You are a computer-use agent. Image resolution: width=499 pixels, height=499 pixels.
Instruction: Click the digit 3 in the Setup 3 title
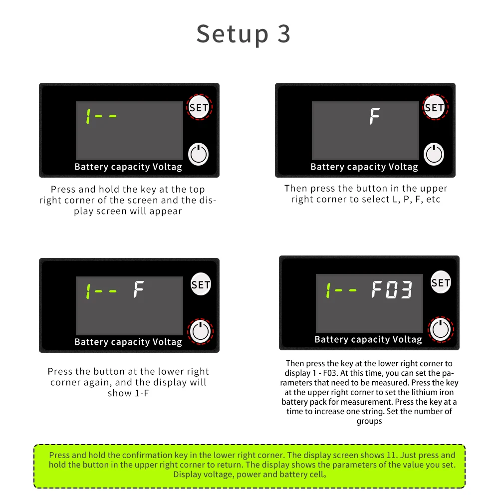(x=284, y=34)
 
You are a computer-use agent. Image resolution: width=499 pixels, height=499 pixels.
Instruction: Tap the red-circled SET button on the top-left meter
(x=199, y=107)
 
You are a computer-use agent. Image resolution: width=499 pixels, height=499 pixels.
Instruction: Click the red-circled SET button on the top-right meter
(x=435, y=107)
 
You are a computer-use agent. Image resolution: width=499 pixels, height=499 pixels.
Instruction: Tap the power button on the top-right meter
(x=434, y=154)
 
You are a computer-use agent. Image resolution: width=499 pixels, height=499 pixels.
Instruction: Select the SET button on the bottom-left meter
(x=201, y=284)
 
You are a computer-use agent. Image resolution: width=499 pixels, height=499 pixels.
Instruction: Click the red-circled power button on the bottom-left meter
(x=200, y=331)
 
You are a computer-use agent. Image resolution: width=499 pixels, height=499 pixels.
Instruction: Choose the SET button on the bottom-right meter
(x=441, y=282)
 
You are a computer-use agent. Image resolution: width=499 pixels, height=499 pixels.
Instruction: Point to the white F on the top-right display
(x=375, y=116)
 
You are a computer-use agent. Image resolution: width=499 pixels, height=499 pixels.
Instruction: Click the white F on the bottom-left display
(x=138, y=289)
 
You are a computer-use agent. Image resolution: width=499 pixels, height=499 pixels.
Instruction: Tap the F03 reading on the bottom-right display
(x=392, y=289)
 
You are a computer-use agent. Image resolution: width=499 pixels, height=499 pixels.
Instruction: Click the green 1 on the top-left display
(x=88, y=116)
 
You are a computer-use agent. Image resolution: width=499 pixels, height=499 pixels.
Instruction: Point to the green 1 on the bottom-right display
(x=328, y=290)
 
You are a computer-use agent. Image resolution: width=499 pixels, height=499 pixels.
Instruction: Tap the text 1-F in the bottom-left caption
(x=142, y=393)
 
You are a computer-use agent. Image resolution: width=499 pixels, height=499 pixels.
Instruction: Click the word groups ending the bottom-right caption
(x=369, y=421)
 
